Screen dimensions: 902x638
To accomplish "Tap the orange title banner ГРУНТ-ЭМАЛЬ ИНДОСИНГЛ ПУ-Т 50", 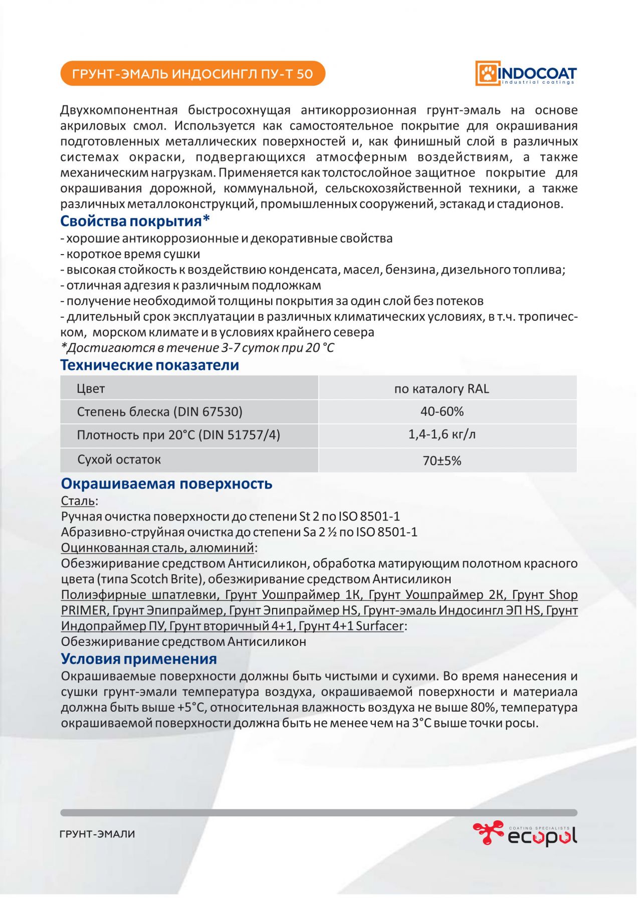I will coord(192,74).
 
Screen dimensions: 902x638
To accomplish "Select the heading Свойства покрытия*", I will coord(135,221).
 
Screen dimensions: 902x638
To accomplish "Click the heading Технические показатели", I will coord(149,365).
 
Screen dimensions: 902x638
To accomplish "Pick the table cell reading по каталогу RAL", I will coord(442,389).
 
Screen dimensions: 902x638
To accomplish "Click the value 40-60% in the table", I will coord(442,411).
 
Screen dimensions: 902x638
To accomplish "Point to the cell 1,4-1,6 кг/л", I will coord(442,434).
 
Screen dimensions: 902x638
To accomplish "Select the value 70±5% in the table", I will coord(442,461).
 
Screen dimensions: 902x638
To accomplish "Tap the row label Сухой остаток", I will coord(119,460).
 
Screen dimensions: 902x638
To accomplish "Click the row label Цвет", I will coord(91,389).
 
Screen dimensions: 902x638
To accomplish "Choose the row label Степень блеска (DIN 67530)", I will coord(159,412).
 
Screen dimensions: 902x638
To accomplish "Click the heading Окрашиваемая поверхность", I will coord(166,484).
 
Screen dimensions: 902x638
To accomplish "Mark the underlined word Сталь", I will coord(78,501).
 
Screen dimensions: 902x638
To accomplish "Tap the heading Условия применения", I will coord(139,658).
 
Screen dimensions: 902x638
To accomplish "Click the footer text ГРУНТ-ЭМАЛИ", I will coord(97,834).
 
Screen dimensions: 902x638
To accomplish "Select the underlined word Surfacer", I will coord(379,626).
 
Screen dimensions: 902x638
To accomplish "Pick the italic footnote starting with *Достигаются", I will coord(197,348).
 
